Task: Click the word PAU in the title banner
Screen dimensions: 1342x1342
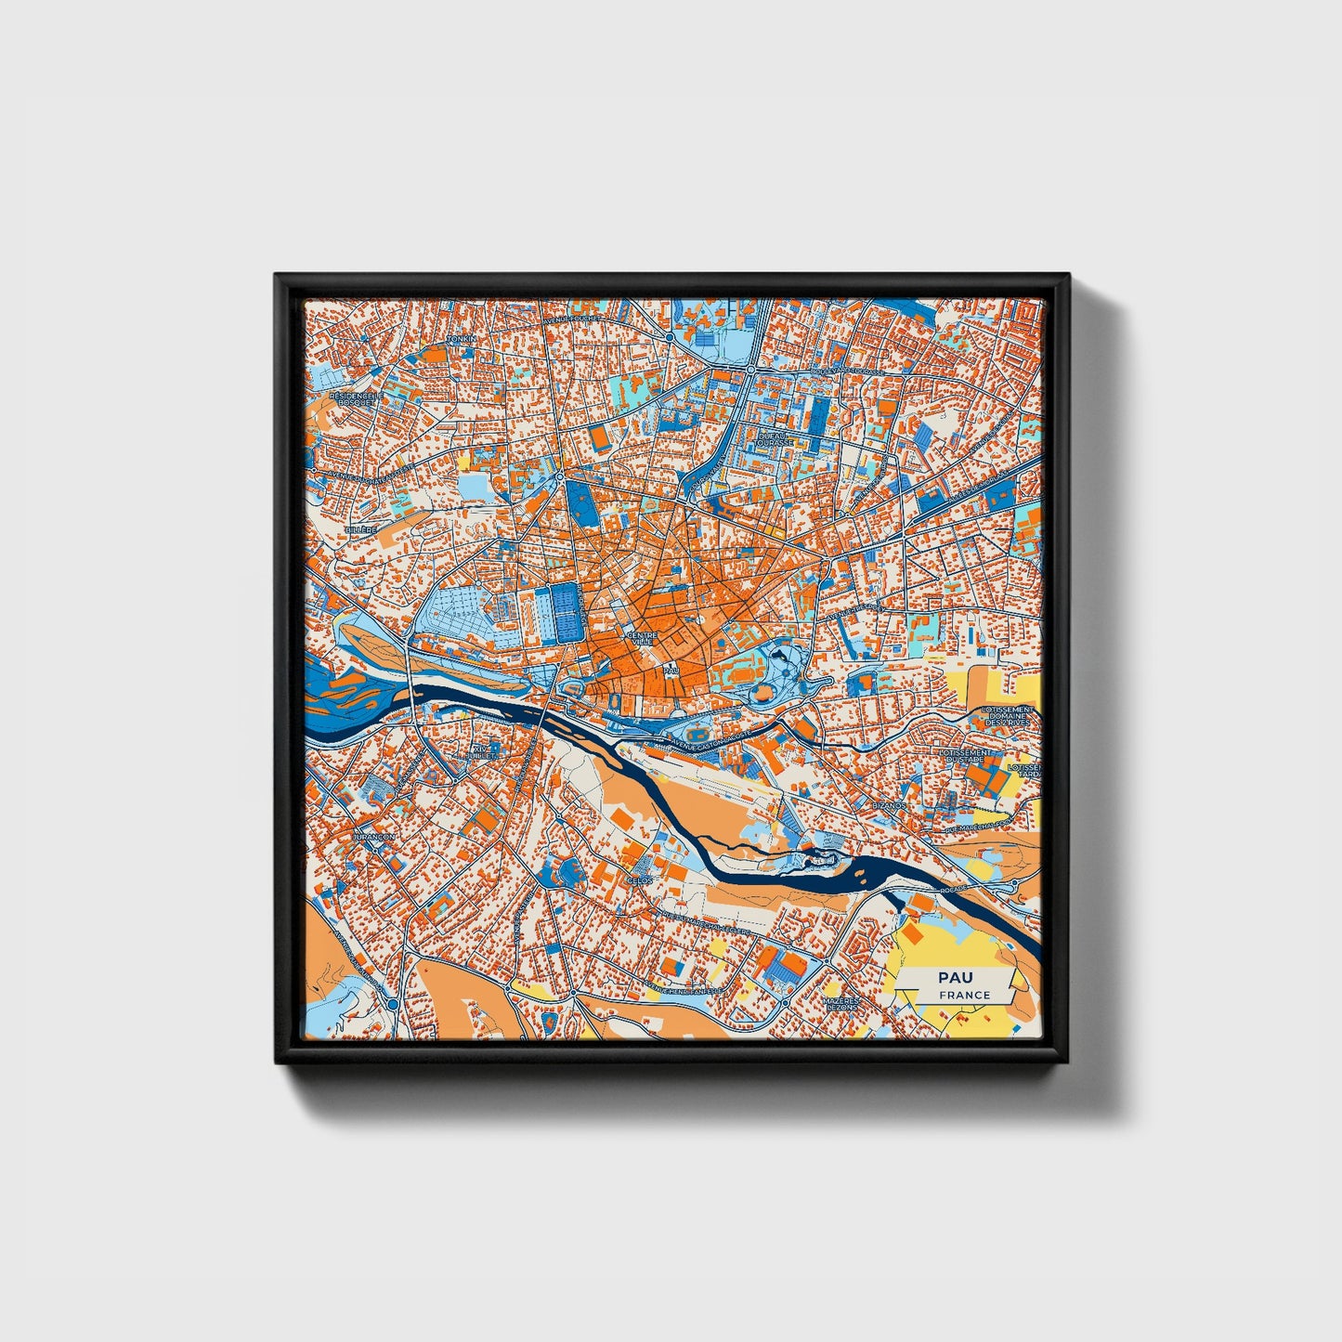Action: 950,977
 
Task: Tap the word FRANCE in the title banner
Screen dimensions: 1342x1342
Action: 963,995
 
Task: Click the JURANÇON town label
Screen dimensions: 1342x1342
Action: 373,836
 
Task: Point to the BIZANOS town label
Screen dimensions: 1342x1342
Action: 889,805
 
